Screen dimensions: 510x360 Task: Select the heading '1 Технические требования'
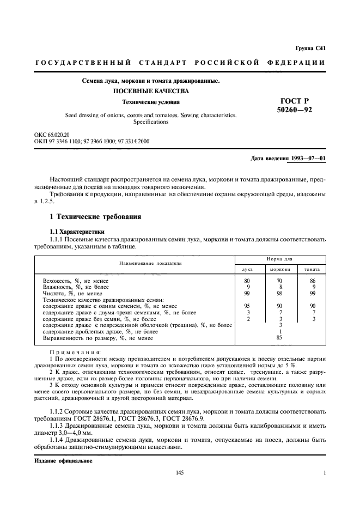point(95,217)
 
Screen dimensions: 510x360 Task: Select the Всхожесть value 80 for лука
point(248,280)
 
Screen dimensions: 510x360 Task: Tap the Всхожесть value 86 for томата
point(312,280)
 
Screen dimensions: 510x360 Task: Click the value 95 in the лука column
point(248,306)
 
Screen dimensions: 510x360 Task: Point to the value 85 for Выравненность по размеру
point(280,338)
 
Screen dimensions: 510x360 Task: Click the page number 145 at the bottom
point(180,472)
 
